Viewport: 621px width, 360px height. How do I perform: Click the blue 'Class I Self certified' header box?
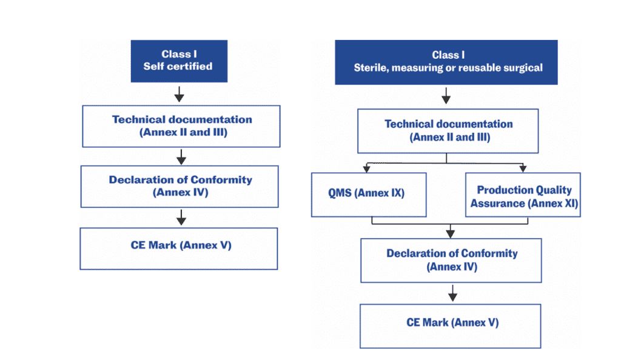click(x=179, y=61)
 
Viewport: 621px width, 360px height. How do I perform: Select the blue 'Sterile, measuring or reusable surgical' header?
click(x=446, y=62)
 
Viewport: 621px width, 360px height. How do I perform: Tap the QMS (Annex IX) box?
click(x=369, y=195)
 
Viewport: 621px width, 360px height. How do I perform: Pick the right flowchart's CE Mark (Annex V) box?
click(x=450, y=326)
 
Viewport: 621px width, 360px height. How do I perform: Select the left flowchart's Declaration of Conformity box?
click(x=180, y=186)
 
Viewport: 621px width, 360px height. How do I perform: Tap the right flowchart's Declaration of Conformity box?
click(x=451, y=260)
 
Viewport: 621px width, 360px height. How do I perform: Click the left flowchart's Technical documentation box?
click(x=181, y=125)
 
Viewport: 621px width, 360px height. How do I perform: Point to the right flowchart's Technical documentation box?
click(x=448, y=131)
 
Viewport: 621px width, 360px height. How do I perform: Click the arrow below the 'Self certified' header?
click(x=180, y=93)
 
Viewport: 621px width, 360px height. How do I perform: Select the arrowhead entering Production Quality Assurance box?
click(x=522, y=168)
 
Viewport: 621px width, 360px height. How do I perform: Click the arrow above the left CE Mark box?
click(x=180, y=217)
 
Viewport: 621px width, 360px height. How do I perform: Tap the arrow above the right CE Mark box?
click(x=452, y=293)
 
